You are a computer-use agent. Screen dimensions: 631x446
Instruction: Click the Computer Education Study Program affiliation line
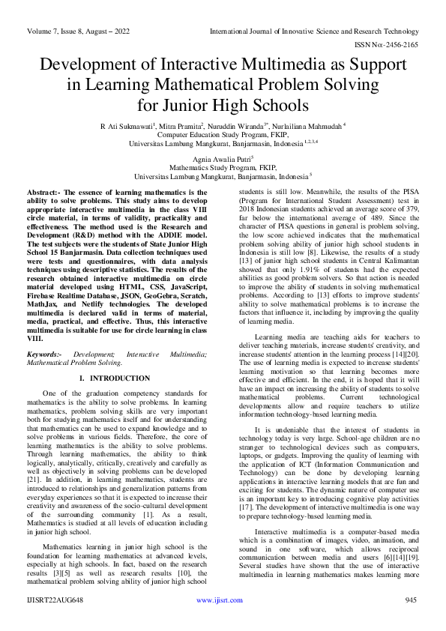[222, 134]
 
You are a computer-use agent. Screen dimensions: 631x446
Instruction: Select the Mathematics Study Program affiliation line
[222, 168]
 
